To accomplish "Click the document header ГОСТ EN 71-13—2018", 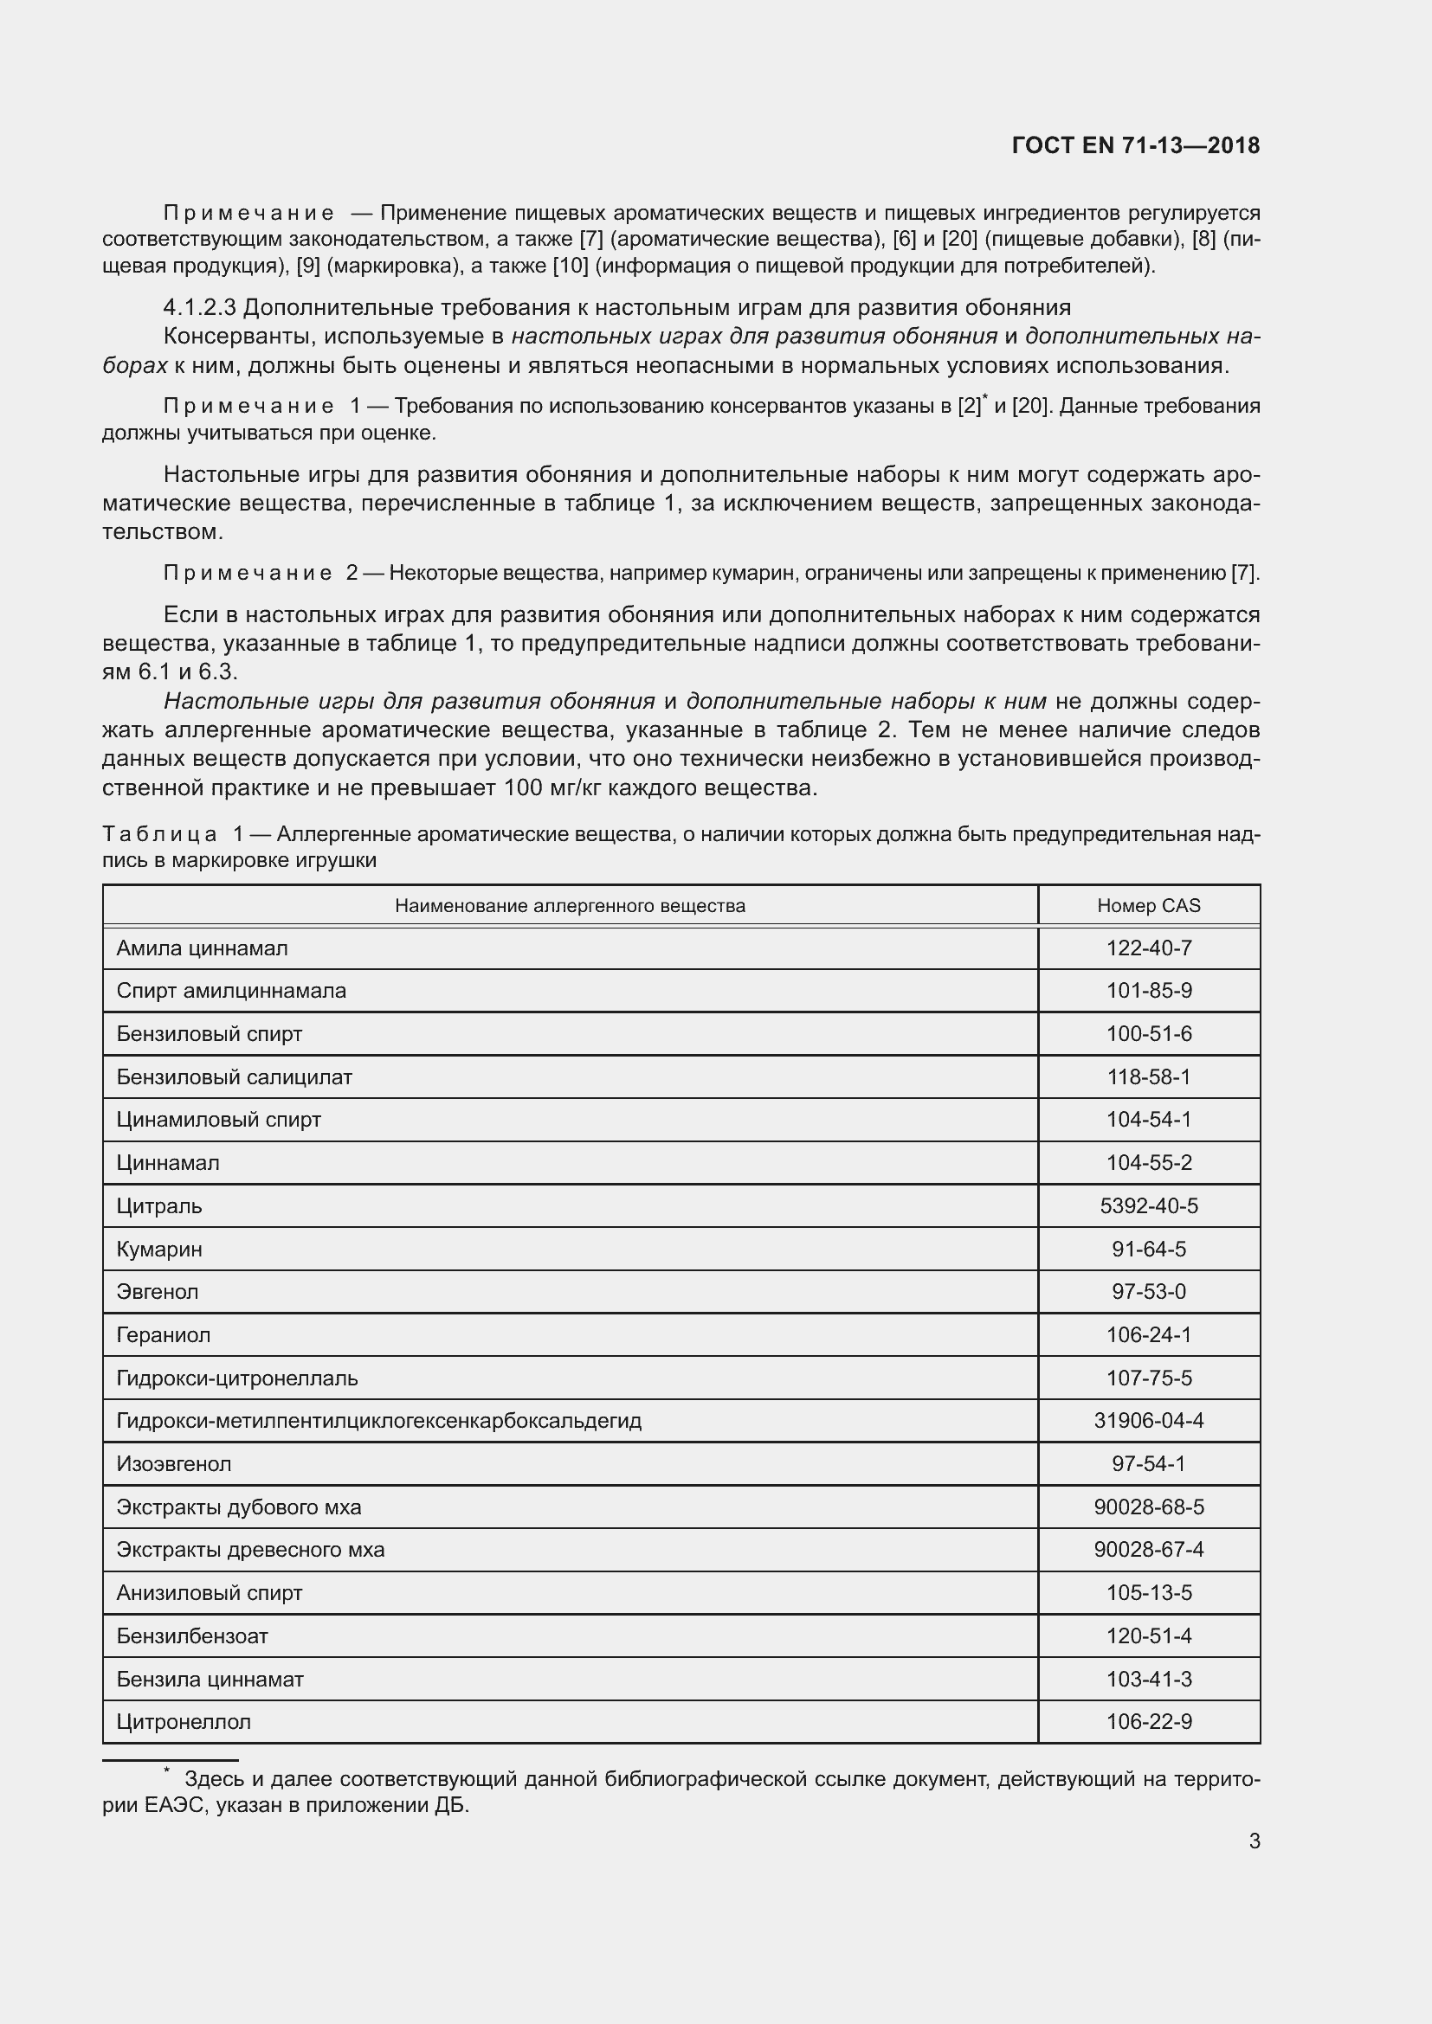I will click(x=1136, y=146).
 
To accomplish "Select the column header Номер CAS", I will click(x=1148, y=905).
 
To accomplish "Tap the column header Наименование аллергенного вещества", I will click(x=570, y=905).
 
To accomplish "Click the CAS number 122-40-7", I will click(x=1148, y=948).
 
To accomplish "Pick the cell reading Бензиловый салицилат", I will click(x=235, y=1077).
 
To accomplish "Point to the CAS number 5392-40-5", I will click(x=1148, y=1206).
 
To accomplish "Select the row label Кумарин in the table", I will click(x=159, y=1250).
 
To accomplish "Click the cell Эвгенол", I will click(x=158, y=1292).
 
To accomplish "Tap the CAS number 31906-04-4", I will click(x=1148, y=1421).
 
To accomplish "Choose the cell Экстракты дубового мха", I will click(x=239, y=1507).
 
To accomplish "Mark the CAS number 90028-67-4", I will click(x=1148, y=1550).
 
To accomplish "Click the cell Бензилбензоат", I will click(x=192, y=1636).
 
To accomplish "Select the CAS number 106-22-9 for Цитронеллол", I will click(x=1148, y=1722).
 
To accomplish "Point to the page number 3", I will click(x=1254, y=1841).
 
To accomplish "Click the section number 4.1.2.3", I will click(x=199, y=308).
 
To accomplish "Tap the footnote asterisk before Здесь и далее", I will click(x=165, y=1771).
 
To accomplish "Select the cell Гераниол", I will click(x=164, y=1335).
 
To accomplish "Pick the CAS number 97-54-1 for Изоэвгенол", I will click(x=1148, y=1464).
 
